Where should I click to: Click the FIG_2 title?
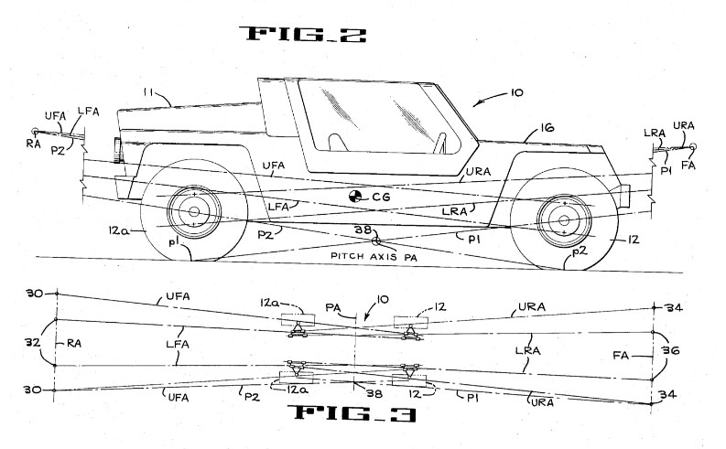pyautogui.click(x=303, y=34)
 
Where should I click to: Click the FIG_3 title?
pyautogui.click(x=352, y=413)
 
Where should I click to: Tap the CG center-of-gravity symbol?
pyautogui.click(x=355, y=197)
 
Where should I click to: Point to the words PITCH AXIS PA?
pyautogui.click(x=374, y=256)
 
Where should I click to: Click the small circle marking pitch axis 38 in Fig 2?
pyautogui.click(x=376, y=241)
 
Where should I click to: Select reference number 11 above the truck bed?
pyautogui.click(x=147, y=92)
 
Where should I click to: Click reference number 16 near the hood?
pyautogui.click(x=547, y=127)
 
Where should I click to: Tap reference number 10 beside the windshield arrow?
pyautogui.click(x=516, y=92)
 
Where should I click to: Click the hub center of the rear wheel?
pyautogui.click(x=194, y=212)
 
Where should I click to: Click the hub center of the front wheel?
pyautogui.click(x=564, y=219)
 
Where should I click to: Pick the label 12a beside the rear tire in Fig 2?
pyautogui.click(x=118, y=230)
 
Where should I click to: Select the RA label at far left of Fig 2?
pyautogui.click(x=33, y=144)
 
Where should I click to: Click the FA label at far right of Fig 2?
pyautogui.click(x=688, y=166)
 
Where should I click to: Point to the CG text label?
pyautogui.click(x=381, y=198)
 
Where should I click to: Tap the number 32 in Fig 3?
pyautogui.click(x=32, y=343)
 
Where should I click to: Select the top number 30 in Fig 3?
pyautogui.click(x=34, y=294)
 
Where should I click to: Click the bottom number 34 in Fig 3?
pyautogui.click(x=667, y=394)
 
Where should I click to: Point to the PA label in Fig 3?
pyautogui.click(x=333, y=307)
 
